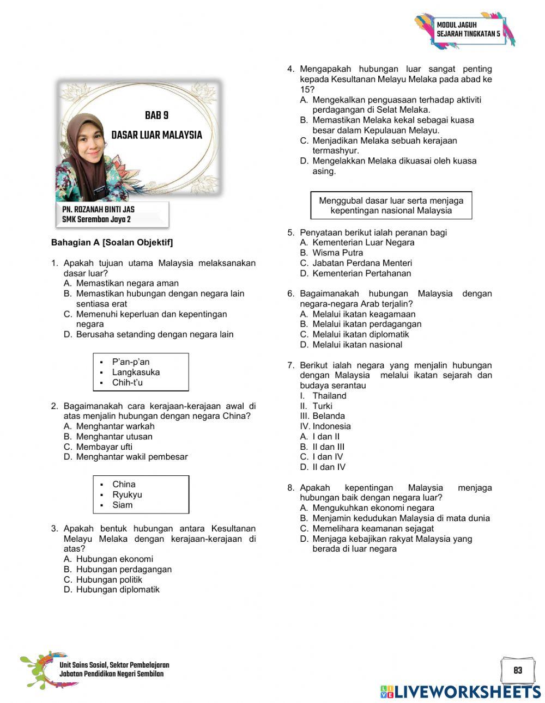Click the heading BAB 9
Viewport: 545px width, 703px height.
pyautogui.click(x=156, y=115)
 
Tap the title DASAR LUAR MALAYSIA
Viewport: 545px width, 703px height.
pyautogui.click(x=156, y=135)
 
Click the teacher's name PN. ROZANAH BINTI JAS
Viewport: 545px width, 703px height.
pyautogui.click(x=98, y=210)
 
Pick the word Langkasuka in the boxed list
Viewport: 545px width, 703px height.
pyautogui.click(x=136, y=372)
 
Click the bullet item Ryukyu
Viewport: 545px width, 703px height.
pyautogui.click(x=127, y=495)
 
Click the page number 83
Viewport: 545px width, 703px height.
pyautogui.click(x=517, y=670)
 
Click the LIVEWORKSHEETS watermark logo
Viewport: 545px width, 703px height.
pyautogui.click(x=461, y=692)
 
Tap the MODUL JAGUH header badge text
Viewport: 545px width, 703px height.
pyautogui.click(x=468, y=29)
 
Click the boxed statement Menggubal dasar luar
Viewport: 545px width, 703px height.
pyautogui.click(x=391, y=206)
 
